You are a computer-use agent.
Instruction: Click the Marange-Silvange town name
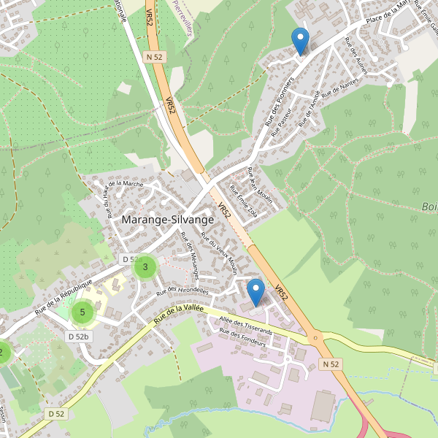pos(168,219)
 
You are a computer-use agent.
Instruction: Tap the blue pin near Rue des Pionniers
pos(299,40)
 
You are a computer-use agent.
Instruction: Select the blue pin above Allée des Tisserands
pos(255,292)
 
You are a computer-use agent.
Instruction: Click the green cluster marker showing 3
pos(145,267)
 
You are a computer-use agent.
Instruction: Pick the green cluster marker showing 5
pos(82,312)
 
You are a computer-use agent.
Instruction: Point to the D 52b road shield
pos(78,337)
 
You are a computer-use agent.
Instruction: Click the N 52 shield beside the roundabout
pos(330,364)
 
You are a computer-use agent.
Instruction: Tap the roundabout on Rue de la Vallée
pos(315,338)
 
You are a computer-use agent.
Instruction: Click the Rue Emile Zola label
pos(243,198)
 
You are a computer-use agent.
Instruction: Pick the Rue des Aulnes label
pos(356,58)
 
